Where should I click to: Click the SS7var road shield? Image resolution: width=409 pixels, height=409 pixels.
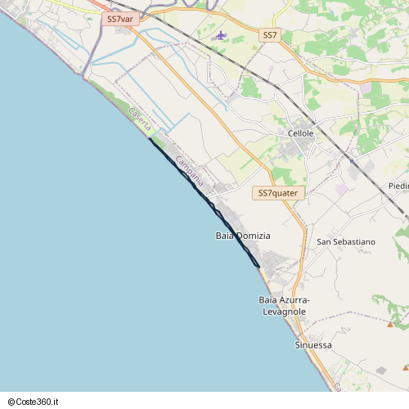(x=120, y=18)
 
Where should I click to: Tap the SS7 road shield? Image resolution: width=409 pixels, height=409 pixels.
(x=271, y=35)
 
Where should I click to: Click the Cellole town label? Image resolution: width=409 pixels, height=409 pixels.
(x=300, y=133)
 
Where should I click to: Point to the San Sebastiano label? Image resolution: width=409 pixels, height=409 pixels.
(x=346, y=242)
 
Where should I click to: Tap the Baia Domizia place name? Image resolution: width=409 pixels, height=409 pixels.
(x=243, y=236)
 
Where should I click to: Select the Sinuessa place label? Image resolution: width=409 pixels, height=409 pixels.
(x=313, y=345)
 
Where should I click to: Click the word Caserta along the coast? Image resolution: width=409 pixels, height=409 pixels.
(x=140, y=120)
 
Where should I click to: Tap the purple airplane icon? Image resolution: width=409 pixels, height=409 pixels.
(x=220, y=35)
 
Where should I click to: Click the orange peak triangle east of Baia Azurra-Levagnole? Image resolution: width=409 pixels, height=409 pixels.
(x=390, y=324)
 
